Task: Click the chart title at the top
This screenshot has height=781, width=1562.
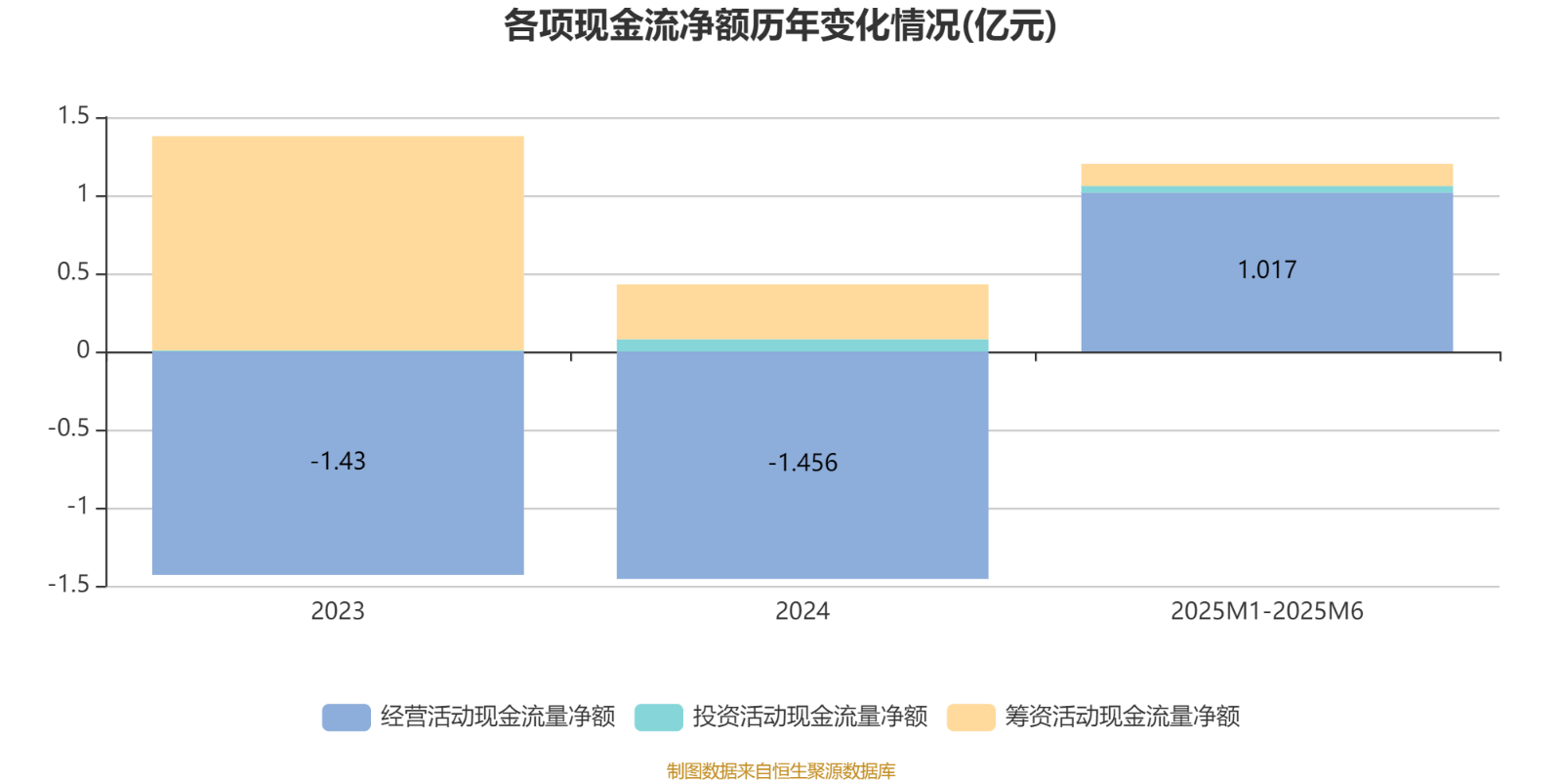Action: pos(779,26)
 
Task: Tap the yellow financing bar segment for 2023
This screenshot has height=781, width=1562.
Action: pos(338,244)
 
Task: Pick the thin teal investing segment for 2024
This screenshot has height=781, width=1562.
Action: pos(802,346)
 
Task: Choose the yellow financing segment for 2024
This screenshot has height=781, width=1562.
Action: pos(802,312)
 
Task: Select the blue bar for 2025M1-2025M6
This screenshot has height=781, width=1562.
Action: pos(1267,312)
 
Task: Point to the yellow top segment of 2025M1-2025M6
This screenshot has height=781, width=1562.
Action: pos(1267,175)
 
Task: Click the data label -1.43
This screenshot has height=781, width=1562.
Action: pos(338,462)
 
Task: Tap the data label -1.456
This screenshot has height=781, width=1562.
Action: pos(802,463)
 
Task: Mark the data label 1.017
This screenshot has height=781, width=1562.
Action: pos(1267,270)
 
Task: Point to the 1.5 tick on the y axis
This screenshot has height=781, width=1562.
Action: pos(73,117)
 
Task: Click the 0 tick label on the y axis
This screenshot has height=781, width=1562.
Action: pos(83,351)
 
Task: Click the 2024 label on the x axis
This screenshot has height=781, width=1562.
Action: pos(802,612)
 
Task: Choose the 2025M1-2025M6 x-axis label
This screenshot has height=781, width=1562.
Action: pos(1267,612)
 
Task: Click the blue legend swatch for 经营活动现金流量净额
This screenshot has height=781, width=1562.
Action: pos(346,717)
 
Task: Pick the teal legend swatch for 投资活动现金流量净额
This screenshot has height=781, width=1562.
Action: pos(658,717)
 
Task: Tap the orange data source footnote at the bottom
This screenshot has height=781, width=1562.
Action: pos(780,771)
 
